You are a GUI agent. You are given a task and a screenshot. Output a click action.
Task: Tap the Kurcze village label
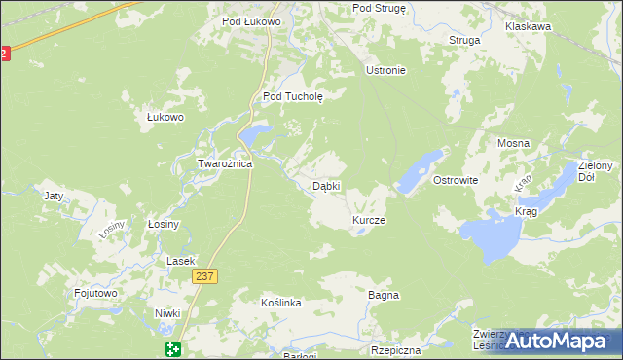[369, 221]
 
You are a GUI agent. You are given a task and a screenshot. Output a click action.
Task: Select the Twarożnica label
[225, 163]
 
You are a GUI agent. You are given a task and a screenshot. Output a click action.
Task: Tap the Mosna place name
[513, 143]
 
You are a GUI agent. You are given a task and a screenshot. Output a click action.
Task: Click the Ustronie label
[385, 70]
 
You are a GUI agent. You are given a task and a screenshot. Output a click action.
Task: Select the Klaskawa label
[529, 27]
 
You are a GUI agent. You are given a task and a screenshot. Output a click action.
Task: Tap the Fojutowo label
[95, 292]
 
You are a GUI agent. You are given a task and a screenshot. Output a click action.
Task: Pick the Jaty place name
[54, 196]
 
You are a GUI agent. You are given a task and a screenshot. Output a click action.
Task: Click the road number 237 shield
[203, 277]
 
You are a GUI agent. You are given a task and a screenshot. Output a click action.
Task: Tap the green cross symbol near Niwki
[172, 349]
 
